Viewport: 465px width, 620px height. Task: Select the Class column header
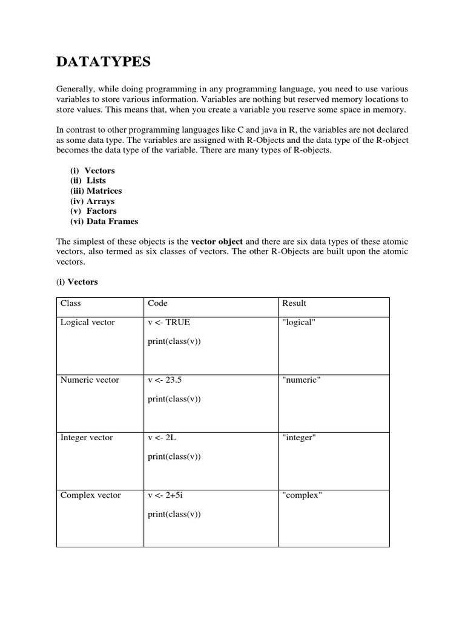[70, 303]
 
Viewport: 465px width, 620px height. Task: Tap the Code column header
[157, 303]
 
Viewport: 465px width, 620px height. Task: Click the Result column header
[294, 303]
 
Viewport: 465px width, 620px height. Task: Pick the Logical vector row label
[87, 323]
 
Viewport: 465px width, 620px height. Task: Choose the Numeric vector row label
[90, 380]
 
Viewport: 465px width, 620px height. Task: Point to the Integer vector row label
[87, 438]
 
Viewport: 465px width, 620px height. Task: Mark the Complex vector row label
[90, 495]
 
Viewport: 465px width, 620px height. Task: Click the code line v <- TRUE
[168, 323]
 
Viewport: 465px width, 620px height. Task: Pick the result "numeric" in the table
[301, 380]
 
